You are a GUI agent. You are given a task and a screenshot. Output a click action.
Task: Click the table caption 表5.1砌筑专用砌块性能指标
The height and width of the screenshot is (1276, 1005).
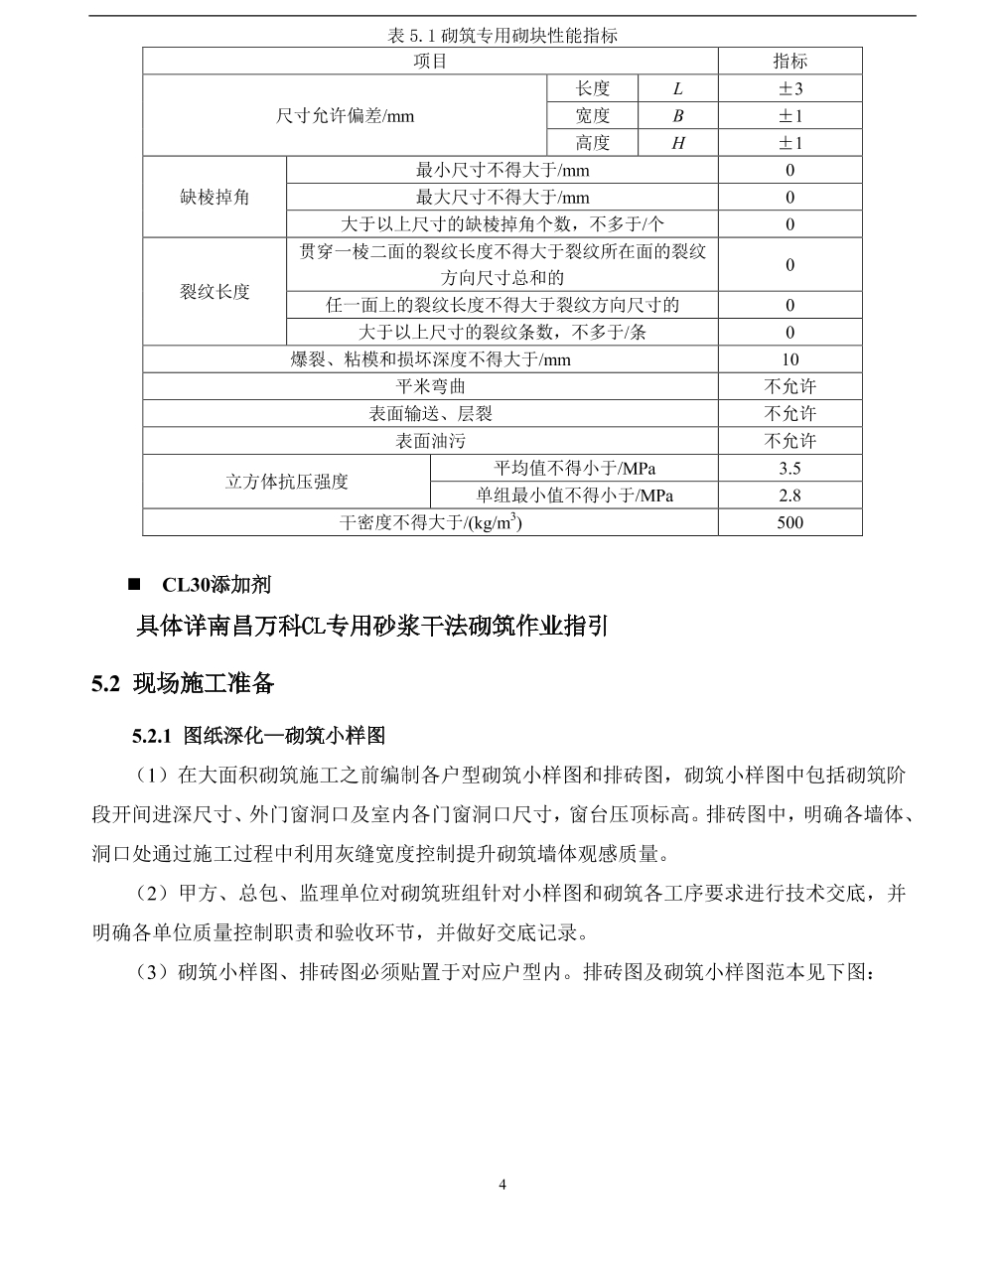[x=502, y=36]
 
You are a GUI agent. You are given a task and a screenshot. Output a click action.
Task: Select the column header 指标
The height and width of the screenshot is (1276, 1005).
[x=790, y=62]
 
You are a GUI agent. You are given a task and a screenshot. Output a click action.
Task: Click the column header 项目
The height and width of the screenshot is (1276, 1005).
[x=430, y=62]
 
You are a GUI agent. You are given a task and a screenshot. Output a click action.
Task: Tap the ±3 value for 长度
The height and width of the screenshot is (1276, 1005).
[x=790, y=89]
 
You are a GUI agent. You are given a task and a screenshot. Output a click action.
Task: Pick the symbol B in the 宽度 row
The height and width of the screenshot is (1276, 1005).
[x=677, y=116]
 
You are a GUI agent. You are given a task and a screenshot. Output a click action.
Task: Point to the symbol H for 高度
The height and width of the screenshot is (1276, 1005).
[x=677, y=143]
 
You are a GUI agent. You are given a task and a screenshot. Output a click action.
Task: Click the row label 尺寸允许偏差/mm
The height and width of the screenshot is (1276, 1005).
[x=345, y=116]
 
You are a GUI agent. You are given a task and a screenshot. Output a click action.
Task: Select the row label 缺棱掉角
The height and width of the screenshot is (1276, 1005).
[x=215, y=197]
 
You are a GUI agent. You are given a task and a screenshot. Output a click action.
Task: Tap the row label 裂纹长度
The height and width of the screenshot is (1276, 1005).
[x=215, y=292]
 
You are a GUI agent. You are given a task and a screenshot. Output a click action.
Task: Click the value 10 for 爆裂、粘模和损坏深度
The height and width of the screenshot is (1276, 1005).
[x=790, y=359]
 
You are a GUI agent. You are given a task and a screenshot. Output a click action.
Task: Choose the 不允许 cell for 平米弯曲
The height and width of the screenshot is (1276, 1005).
[x=790, y=386]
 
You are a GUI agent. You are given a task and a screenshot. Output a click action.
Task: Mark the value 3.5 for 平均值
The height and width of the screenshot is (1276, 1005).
[x=790, y=468]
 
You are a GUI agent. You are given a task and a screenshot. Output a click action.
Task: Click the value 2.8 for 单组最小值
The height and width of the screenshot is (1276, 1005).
[x=790, y=496]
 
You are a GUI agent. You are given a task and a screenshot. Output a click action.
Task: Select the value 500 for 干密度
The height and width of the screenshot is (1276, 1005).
[x=790, y=522]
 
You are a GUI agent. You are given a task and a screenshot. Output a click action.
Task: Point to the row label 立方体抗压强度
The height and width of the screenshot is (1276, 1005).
[x=286, y=482]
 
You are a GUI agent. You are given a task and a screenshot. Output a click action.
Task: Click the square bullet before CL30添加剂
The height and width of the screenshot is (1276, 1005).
[x=134, y=584]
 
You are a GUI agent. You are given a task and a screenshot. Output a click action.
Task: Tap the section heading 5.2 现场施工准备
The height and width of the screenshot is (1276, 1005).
[x=183, y=683]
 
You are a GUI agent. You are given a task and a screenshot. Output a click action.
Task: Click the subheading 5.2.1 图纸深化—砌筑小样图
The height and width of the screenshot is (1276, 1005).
[x=258, y=736]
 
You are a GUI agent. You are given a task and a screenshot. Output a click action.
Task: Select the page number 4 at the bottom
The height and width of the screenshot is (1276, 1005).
[x=502, y=1184]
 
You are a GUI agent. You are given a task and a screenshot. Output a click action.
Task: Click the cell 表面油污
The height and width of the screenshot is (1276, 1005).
[x=430, y=441]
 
